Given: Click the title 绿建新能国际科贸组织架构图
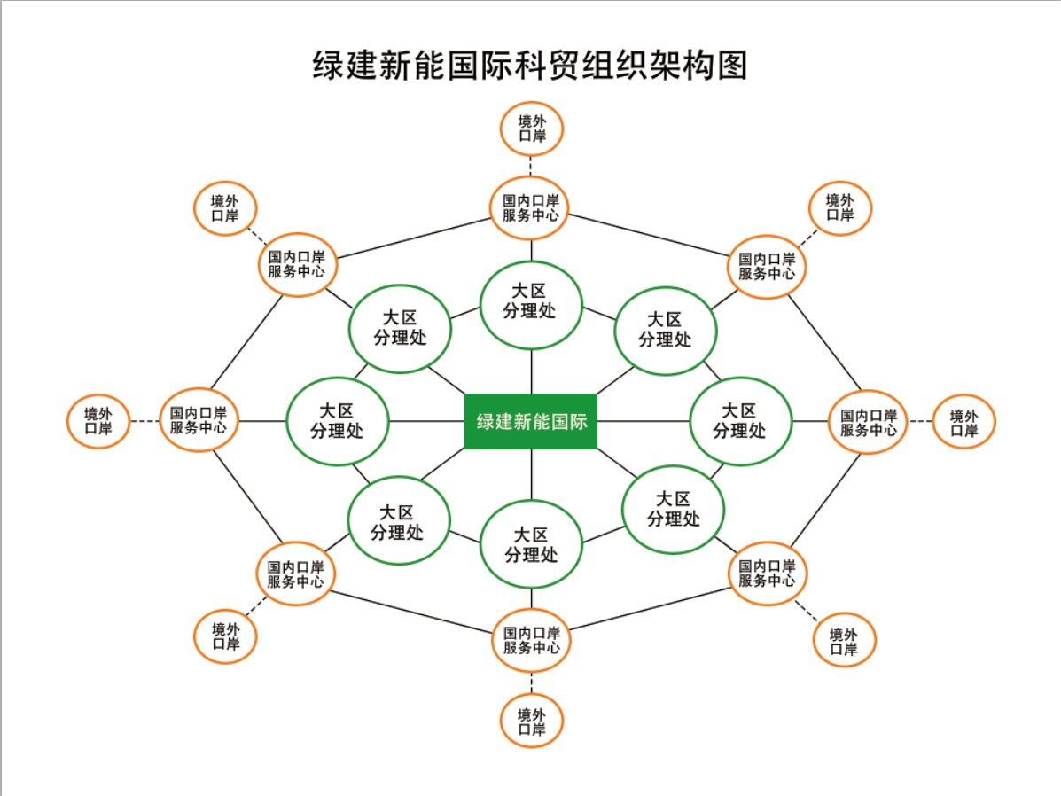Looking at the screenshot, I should pyautogui.click(x=530, y=66).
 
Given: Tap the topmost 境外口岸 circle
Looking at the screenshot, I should pyautogui.click(x=531, y=129).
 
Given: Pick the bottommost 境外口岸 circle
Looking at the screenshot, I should pyautogui.click(x=531, y=722).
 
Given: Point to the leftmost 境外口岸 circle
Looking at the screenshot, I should pyautogui.click(x=98, y=421).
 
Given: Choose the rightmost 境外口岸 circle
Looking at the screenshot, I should pyautogui.click(x=963, y=422).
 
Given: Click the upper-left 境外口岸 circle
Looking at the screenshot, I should pyautogui.click(x=224, y=209).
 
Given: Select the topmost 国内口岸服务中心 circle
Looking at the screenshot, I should pyautogui.click(x=530, y=207).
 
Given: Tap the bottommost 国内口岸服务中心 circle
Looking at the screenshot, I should pyautogui.click(x=531, y=640).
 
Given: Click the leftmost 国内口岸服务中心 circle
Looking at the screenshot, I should pyautogui.click(x=199, y=420).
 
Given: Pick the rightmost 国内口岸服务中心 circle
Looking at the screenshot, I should pyautogui.click(x=869, y=422).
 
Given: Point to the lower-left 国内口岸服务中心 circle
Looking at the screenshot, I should pyautogui.click(x=296, y=574).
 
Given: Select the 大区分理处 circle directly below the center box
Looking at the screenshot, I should pyautogui.click(x=531, y=544).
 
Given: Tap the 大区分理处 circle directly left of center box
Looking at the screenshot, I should pyautogui.click(x=337, y=421).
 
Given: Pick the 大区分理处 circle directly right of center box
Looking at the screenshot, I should pyautogui.click(x=740, y=421).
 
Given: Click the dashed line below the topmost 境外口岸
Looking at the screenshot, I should pyautogui.click(x=531, y=167).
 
